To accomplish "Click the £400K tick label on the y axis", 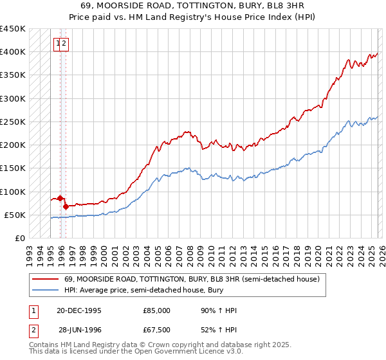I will tap(13, 52).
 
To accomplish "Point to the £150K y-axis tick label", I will tap(13, 168).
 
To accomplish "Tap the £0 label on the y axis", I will tap(19, 239).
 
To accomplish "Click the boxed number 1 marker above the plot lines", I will tap(59, 44).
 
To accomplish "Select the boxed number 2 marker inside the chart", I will tap(65, 44).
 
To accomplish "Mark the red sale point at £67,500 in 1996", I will tap(66, 207).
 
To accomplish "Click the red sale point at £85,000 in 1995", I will tap(60, 199).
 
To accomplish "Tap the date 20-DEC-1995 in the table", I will tap(79, 310).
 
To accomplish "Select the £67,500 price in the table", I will tap(155, 330).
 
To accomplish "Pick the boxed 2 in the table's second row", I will tap(33, 330).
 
